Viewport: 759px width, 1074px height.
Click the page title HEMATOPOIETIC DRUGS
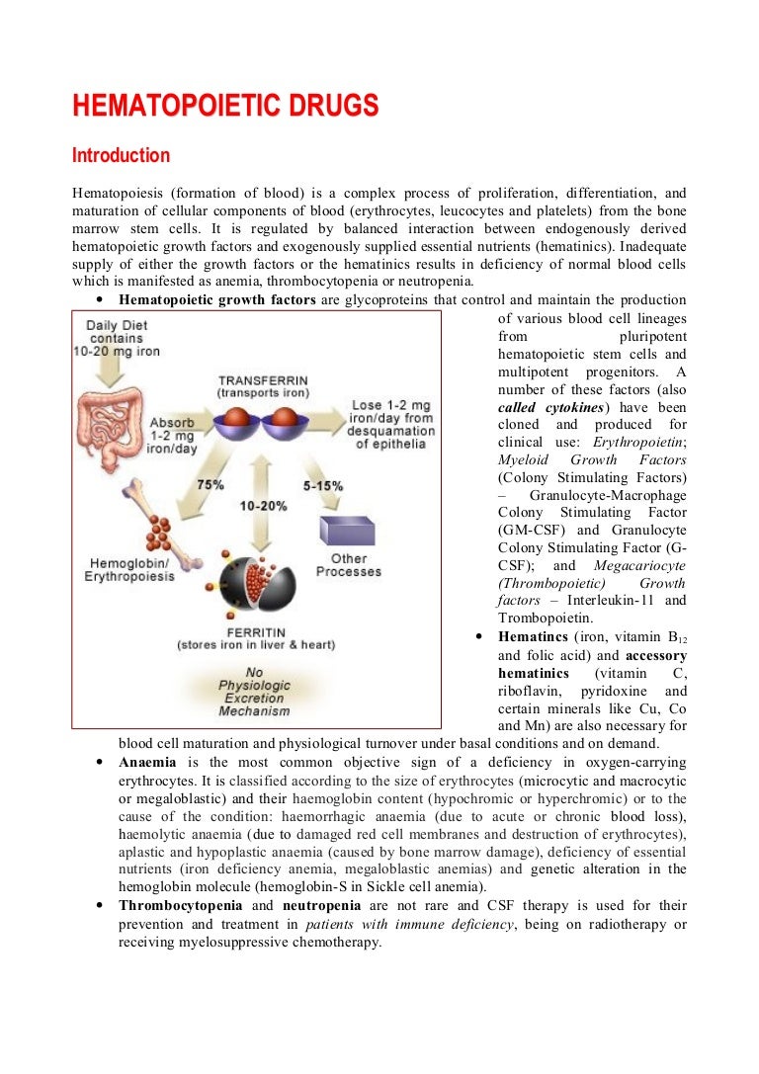coord(225,106)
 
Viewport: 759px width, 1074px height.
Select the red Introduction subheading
coord(121,156)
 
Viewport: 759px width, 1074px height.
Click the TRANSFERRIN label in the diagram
coord(264,379)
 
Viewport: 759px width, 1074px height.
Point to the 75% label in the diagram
coord(210,484)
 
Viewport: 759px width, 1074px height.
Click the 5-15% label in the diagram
coord(323,486)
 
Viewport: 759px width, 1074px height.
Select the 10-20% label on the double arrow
coord(263,505)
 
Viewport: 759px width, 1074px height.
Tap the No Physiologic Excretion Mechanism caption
coord(254,691)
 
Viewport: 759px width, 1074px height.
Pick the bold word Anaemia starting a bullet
coord(147,763)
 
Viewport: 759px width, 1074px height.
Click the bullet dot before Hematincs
coord(479,637)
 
